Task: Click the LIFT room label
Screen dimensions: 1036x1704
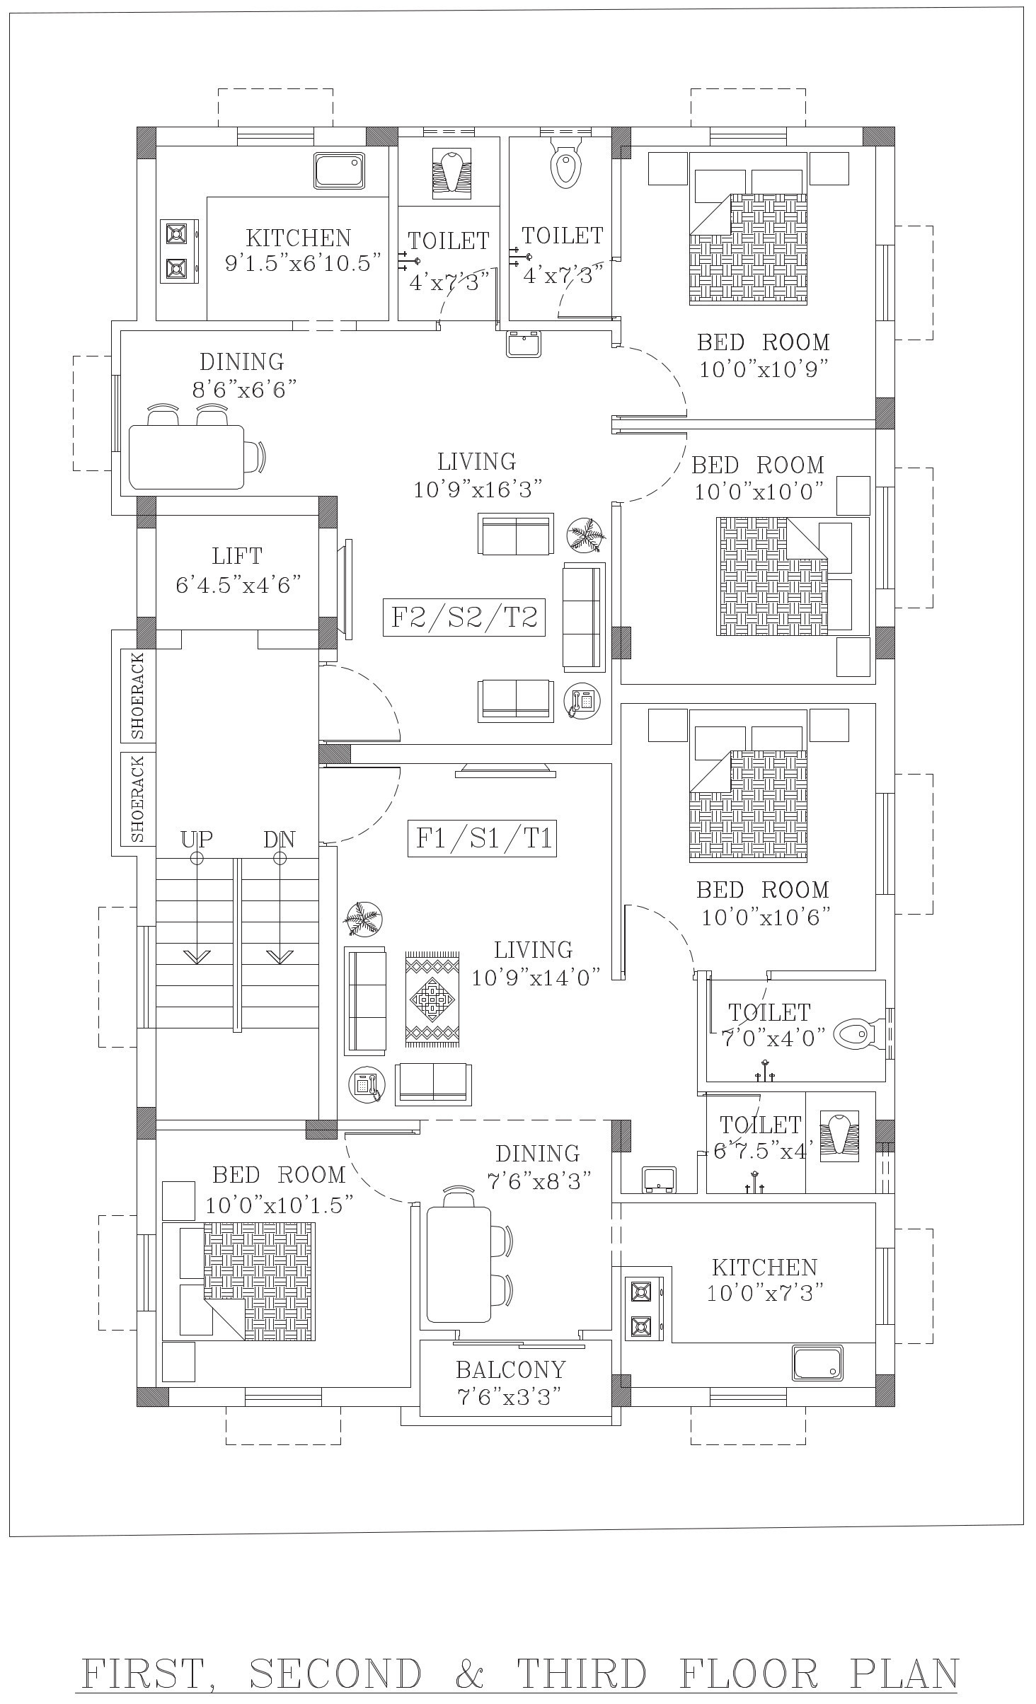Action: pos(237,556)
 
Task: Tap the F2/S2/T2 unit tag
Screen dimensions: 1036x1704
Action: pos(464,617)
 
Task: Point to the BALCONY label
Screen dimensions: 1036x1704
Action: pos(511,1370)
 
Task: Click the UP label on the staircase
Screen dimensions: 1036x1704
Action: pos(196,839)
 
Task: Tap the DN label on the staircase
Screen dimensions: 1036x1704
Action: pos(279,839)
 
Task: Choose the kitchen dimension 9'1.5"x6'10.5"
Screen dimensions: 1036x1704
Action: pos(304,264)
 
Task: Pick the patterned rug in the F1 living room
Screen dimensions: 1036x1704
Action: pos(432,999)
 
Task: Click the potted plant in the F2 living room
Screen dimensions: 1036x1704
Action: pos(587,535)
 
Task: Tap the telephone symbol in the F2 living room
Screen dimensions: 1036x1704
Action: pos(582,702)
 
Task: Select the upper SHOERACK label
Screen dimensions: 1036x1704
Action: pos(138,696)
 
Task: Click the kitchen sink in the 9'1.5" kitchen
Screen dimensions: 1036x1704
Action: pos(340,170)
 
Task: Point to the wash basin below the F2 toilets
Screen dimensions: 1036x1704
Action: pos(524,344)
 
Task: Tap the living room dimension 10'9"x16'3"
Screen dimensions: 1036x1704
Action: pos(478,489)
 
